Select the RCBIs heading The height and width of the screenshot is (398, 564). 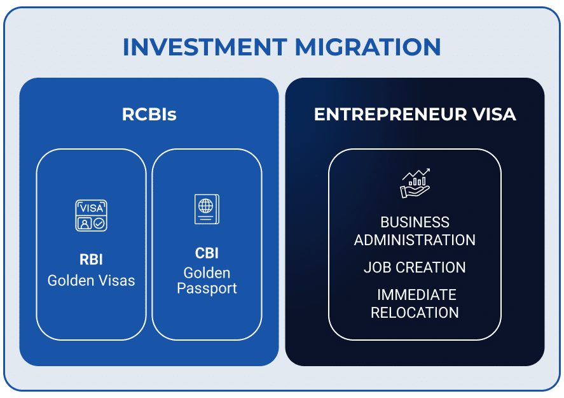coord(149,115)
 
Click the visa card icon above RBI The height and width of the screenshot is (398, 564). coord(92,215)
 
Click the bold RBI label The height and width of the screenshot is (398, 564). coord(92,259)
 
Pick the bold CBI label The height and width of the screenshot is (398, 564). coord(207,253)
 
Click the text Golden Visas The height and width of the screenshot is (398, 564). coord(92,280)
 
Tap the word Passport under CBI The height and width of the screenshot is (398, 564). coord(207,288)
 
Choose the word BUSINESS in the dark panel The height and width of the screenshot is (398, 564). coord(415,222)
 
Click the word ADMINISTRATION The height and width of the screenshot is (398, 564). coord(415,240)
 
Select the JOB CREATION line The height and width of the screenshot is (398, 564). coord(415,267)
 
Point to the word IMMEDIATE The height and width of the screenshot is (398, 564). coord(416,295)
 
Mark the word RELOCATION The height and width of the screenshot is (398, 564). coord(415,313)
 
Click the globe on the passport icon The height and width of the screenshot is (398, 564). coord(205,206)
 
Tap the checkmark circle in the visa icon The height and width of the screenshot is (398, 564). coord(99,224)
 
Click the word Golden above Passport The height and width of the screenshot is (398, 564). coord(207,273)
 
